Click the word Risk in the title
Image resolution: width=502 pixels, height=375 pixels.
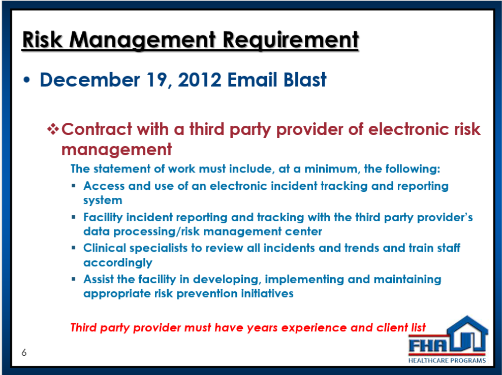(x=42, y=40)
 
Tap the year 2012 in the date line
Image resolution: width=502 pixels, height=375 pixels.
(x=199, y=80)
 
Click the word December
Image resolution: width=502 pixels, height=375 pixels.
(x=89, y=80)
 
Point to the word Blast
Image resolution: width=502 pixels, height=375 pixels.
(x=305, y=80)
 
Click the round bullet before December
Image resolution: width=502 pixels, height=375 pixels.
(x=26, y=80)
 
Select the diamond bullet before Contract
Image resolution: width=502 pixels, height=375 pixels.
(x=53, y=129)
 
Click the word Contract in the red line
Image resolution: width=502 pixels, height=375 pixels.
(x=97, y=129)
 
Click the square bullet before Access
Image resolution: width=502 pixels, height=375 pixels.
(x=74, y=185)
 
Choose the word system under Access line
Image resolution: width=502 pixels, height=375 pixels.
(x=103, y=201)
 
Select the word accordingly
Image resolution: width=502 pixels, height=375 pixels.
(x=118, y=263)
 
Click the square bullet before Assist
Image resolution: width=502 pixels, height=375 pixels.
(x=74, y=279)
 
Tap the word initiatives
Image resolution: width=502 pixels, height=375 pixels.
(x=267, y=293)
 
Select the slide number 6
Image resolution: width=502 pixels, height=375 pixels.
(x=24, y=353)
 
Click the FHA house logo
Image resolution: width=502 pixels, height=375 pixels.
(x=447, y=340)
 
